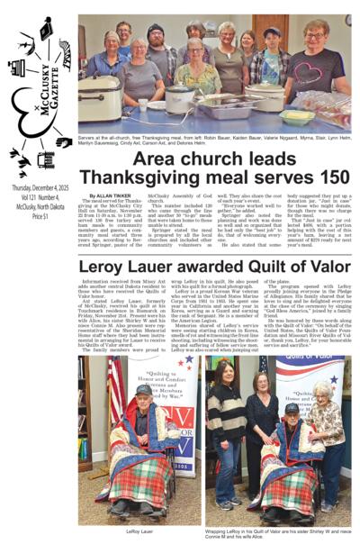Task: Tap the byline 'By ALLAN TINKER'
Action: pos(109,195)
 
